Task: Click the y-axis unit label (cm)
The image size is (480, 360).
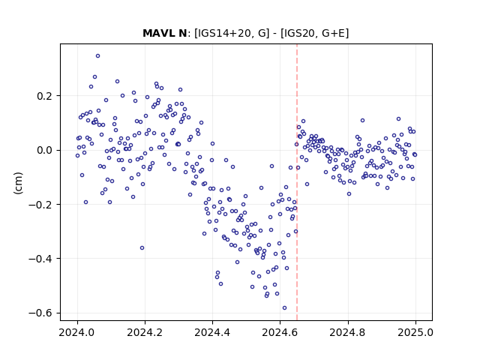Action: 18,183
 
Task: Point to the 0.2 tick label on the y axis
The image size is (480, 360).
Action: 45,96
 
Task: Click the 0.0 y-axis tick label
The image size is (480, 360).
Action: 45,150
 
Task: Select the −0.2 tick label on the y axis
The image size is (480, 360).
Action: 40,205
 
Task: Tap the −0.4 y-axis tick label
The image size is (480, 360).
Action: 40,259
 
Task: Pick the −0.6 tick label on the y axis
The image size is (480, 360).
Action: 40,313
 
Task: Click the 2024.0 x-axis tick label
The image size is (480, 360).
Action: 77,332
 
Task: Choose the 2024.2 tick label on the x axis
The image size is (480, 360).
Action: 145,332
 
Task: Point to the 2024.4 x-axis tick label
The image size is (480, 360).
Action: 212,332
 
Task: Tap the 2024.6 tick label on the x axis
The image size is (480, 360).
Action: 280,332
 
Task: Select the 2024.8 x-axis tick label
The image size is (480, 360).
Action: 347,332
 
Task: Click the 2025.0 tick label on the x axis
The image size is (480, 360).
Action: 415,332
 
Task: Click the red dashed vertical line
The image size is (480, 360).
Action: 297,182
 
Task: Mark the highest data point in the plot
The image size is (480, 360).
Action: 98,56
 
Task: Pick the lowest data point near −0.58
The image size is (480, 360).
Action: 285,308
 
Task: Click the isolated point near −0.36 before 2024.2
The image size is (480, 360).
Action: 142,248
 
